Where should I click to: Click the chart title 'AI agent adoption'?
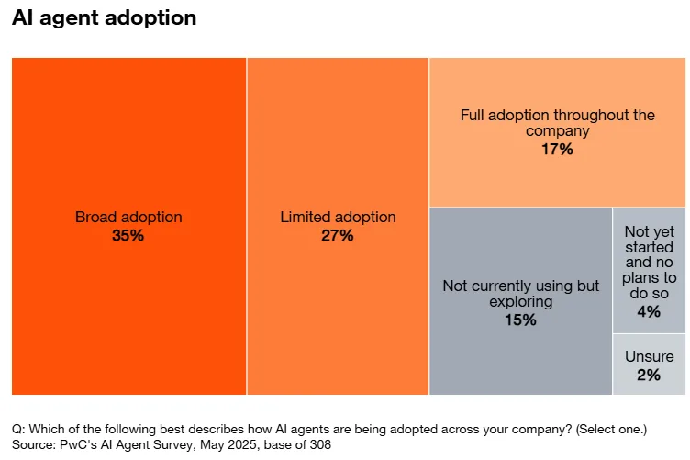coord(104,18)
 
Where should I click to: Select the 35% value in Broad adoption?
coord(128,236)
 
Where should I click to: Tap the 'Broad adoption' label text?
coord(128,218)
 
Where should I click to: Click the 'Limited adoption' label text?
coord(338,218)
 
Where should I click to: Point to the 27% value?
coord(338,236)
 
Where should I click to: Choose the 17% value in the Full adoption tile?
coord(557,149)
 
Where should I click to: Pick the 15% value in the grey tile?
coord(520,320)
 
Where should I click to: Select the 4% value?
coord(649,311)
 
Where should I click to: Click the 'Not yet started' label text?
coord(649,241)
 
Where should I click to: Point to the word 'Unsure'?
coord(649,356)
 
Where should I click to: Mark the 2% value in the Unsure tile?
coord(649,375)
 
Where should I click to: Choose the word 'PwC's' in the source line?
coord(85,444)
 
